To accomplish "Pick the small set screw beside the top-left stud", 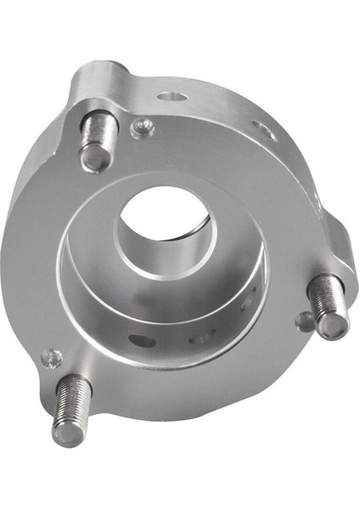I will pos(142,127).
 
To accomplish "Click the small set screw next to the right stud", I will pos(304,321).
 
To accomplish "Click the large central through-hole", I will pos(167,223).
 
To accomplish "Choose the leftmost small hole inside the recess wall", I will pos(142,341).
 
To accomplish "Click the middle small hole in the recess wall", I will pos(199,338).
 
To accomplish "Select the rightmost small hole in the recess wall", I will pos(247,302).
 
